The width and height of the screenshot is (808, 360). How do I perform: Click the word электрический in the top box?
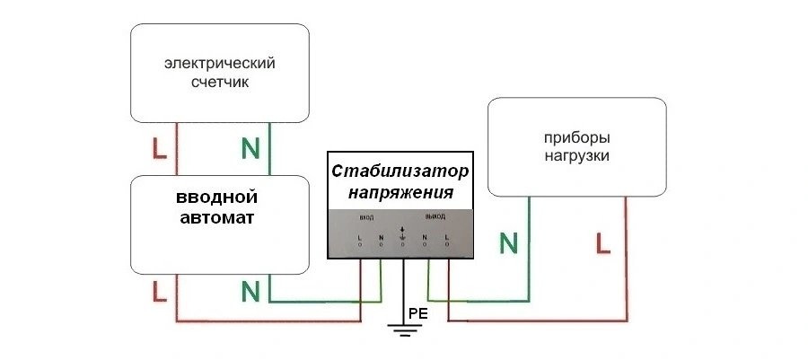pyautogui.click(x=219, y=64)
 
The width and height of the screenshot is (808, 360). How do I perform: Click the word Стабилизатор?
pyautogui.click(x=400, y=171)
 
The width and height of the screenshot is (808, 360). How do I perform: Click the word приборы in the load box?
pyautogui.click(x=577, y=138)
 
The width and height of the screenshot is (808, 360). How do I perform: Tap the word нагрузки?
pyautogui.click(x=577, y=156)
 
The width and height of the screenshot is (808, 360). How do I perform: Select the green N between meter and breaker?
pyautogui.click(x=250, y=148)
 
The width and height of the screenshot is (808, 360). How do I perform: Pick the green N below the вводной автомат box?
pyautogui.click(x=250, y=291)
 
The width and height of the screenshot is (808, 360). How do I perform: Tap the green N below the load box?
pyautogui.click(x=509, y=241)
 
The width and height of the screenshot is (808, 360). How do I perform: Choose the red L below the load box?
pyautogui.click(x=602, y=241)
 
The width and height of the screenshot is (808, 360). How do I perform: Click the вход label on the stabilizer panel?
pyautogui.click(x=366, y=218)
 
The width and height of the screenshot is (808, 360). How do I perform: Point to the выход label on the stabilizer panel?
pyautogui.click(x=435, y=218)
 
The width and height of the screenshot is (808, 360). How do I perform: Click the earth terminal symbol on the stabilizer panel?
pyautogui.click(x=403, y=236)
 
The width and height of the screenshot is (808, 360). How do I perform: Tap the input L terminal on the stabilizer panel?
pyautogui.click(x=359, y=239)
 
